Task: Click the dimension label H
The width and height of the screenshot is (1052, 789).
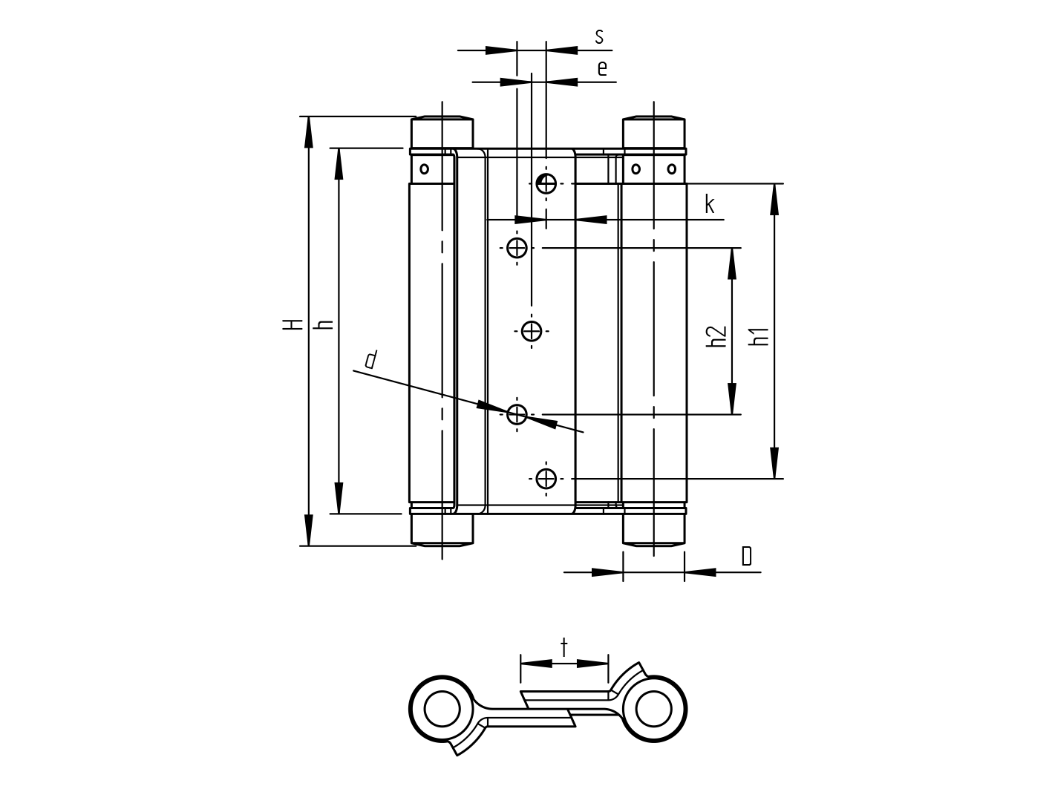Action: tap(294, 324)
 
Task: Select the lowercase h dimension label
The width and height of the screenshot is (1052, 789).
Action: tap(324, 324)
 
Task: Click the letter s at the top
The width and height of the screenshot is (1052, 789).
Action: tap(599, 36)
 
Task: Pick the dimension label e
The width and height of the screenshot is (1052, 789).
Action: tap(602, 68)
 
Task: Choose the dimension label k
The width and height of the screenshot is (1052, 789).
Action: tap(710, 205)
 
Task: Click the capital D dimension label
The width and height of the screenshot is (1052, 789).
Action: tap(746, 556)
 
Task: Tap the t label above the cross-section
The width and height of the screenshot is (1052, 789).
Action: tap(563, 647)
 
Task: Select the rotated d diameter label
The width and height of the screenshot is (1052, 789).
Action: tap(370, 360)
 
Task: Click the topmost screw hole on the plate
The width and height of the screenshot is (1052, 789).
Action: tap(546, 183)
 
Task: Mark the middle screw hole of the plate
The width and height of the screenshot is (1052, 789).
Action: tap(532, 330)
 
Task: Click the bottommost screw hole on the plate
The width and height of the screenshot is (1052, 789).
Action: tap(546, 479)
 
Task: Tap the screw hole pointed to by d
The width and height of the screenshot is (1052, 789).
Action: tap(517, 413)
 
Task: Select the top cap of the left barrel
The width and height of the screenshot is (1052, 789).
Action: tap(442, 133)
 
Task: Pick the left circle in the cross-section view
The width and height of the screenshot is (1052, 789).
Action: tap(442, 708)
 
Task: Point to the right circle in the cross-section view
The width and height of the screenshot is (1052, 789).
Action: tap(653, 708)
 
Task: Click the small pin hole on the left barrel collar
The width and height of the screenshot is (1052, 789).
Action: tap(424, 168)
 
